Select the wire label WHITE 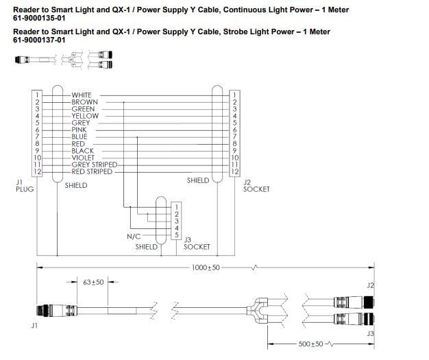(x=82, y=95)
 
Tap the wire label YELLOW (x=85, y=116)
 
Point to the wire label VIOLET (x=84, y=158)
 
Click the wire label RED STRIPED (x=92, y=171)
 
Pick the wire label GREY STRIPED (x=94, y=165)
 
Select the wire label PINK (x=79, y=130)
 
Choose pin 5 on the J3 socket (x=176, y=235)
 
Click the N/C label (x=134, y=236)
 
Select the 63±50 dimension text (x=92, y=281)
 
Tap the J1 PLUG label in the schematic (x=24, y=185)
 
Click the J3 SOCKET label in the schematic (x=197, y=243)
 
